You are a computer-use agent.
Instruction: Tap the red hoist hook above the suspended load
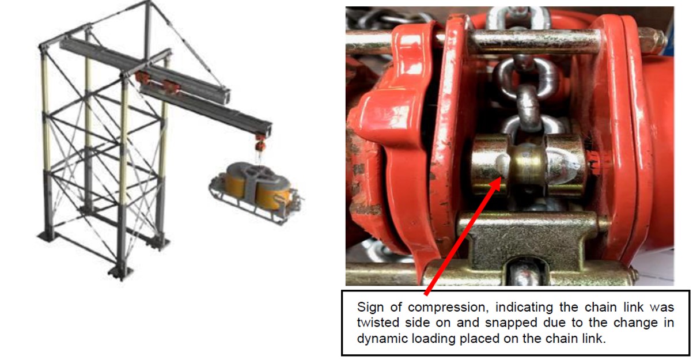click(x=259, y=142)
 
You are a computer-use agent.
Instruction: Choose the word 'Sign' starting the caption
click(x=369, y=308)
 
